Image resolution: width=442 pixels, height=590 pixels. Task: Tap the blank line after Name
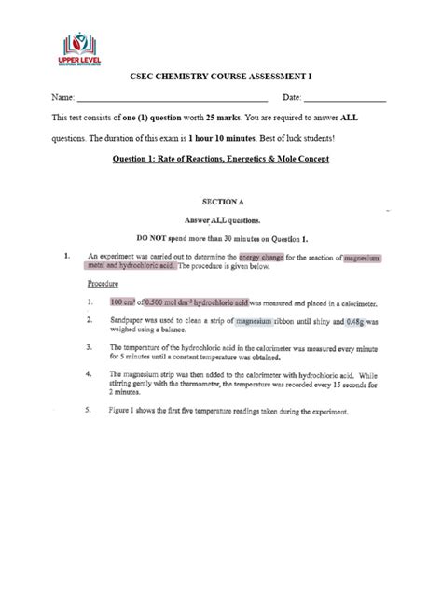[173, 100]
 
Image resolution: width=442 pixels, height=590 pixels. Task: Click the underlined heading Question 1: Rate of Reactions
[220, 159]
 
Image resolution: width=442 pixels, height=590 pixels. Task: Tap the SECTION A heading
[222, 200]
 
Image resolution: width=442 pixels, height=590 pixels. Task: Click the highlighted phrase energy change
[261, 255]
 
